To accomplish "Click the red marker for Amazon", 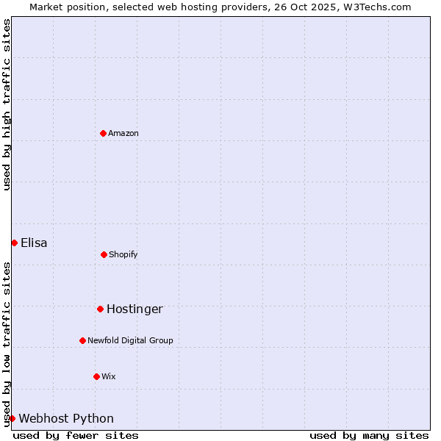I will [x=103, y=133].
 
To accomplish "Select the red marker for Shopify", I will [x=104, y=254].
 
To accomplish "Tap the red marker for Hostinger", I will [x=100, y=309].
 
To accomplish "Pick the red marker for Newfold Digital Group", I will [x=82, y=340].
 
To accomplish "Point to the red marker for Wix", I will [x=96, y=376].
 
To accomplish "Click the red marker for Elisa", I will [x=14, y=243].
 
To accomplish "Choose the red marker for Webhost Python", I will [x=12, y=418].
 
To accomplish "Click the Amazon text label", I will [x=123, y=133].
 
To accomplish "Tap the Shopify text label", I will [x=123, y=254].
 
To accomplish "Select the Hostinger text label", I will [x=135, y=309].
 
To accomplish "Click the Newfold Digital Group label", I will [x=130, y=340].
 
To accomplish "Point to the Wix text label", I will [x=109, y=376].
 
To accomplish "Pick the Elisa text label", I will [x=34, y=243].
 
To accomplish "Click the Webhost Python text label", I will [x=66, y=418].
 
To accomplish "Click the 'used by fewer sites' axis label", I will [x=76, y=435].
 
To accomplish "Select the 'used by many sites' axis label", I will [x=369, y=435].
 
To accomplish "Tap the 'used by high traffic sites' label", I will [x=7, y=104].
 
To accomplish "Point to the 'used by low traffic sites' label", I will [x=7, y=344].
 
